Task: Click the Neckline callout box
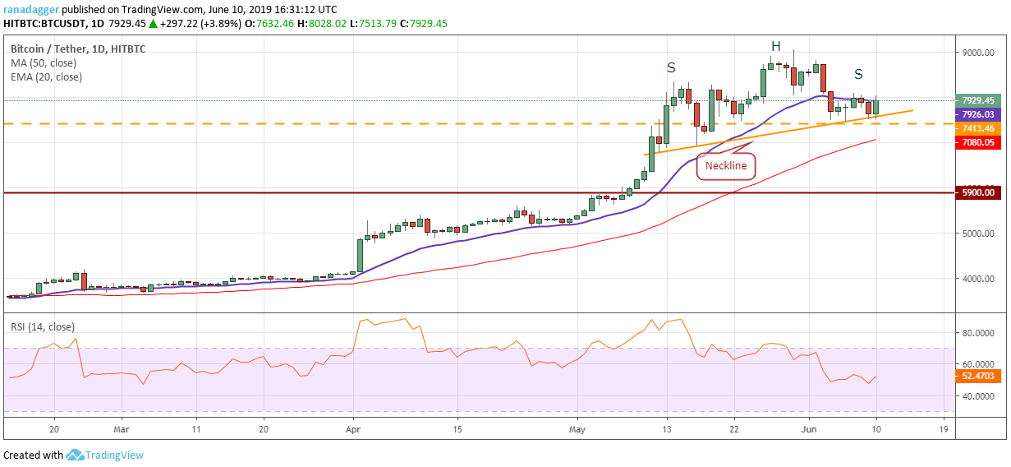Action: coord(727,165)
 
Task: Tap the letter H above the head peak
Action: coord(774,46)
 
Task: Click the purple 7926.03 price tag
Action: coord(978,114)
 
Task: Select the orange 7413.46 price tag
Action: coord(978,128)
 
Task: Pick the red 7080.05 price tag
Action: coord(978,142)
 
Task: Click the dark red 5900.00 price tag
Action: coord(978,192)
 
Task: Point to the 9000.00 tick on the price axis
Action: coord(978,53)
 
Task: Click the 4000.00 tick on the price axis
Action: coord(978,279)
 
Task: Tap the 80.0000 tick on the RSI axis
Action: coord(980,333)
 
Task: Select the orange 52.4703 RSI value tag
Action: coord(978,377)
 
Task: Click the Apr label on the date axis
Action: coord(353,429)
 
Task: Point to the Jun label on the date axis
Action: coord(809,429)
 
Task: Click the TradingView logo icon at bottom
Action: coord(76,455)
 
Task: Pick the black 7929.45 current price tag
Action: coord(978,100)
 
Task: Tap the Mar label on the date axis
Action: coord(121,429)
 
